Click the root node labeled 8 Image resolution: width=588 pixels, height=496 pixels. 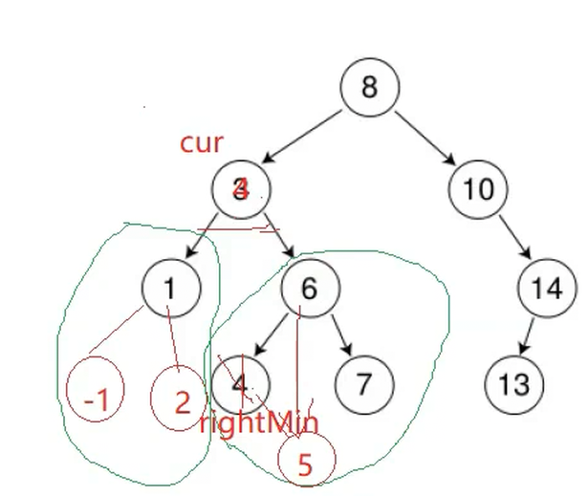click(x=369, y=87)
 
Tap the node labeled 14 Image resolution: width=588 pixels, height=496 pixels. click(x=547, y=288)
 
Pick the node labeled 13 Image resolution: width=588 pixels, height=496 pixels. click(x=513, y=383)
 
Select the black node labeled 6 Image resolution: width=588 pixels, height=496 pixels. click(x=308, y=288)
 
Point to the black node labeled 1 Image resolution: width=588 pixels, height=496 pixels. click(x=170, y=287)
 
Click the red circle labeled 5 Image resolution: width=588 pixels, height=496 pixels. click(x=305, y=464)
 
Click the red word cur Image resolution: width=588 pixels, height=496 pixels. click(x=202, y=143)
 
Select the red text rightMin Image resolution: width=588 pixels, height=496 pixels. click(x=258, y=422)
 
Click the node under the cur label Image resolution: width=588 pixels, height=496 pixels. click(x=241, y=188)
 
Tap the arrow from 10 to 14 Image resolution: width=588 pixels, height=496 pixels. click(x=514, y=239)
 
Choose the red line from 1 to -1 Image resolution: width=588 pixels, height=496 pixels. click(x=117, y=333)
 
